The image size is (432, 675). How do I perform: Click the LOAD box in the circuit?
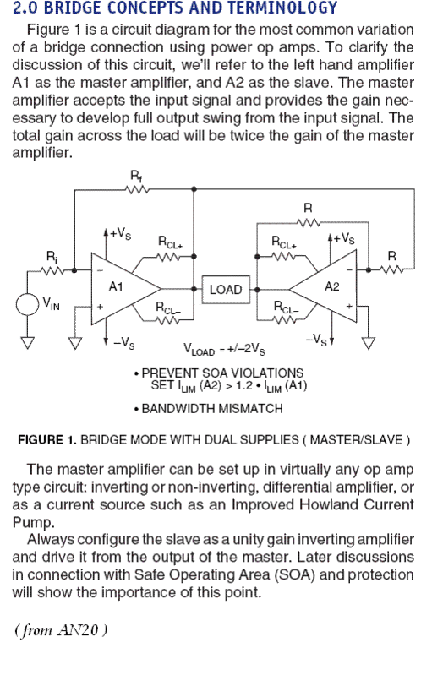[x=226, y=290]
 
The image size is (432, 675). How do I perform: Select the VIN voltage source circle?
[x=28, y=304]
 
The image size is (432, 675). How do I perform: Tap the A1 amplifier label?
[x=116, y=286]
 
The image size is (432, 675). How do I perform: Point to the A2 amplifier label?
[x=332, y=286]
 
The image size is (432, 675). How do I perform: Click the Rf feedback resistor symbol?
[x=137, y=189]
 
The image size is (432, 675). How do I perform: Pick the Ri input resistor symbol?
[x=53, y=270]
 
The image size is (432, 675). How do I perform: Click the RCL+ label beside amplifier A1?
[x=171, y=242]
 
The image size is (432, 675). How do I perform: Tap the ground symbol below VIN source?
[x=28, y=343]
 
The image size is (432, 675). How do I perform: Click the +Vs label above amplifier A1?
[x=120, y=234]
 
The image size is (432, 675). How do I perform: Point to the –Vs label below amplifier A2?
[x=316, y=340]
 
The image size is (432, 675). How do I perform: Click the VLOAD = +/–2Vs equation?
[x=224, y=349]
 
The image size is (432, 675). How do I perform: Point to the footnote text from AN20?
[x=61, y=630]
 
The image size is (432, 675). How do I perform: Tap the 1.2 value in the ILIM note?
[x=244, y=385]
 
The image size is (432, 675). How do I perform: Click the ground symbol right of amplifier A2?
[x=369, y=343]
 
